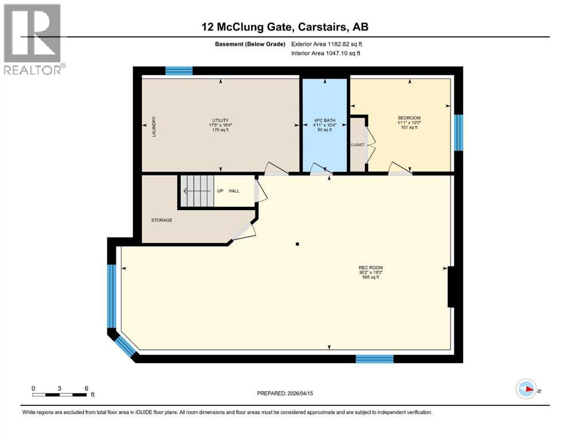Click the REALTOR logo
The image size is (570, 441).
[x=33, y=39]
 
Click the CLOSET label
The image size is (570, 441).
[x=358, y=145]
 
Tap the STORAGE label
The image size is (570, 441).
[x=161, y=220]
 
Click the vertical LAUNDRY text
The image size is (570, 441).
[x=154, y=126]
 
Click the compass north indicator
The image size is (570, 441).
[x=526, y=389]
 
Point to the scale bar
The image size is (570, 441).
[x=60, y=394]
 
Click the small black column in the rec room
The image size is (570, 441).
[x=297, y=245]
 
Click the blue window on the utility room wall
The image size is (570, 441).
[x=179, y=71]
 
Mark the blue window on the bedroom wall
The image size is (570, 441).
[x=459, y=132]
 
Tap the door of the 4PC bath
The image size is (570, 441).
[x=320, y=168]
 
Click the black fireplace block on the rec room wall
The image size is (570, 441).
[x=452, y=287]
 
